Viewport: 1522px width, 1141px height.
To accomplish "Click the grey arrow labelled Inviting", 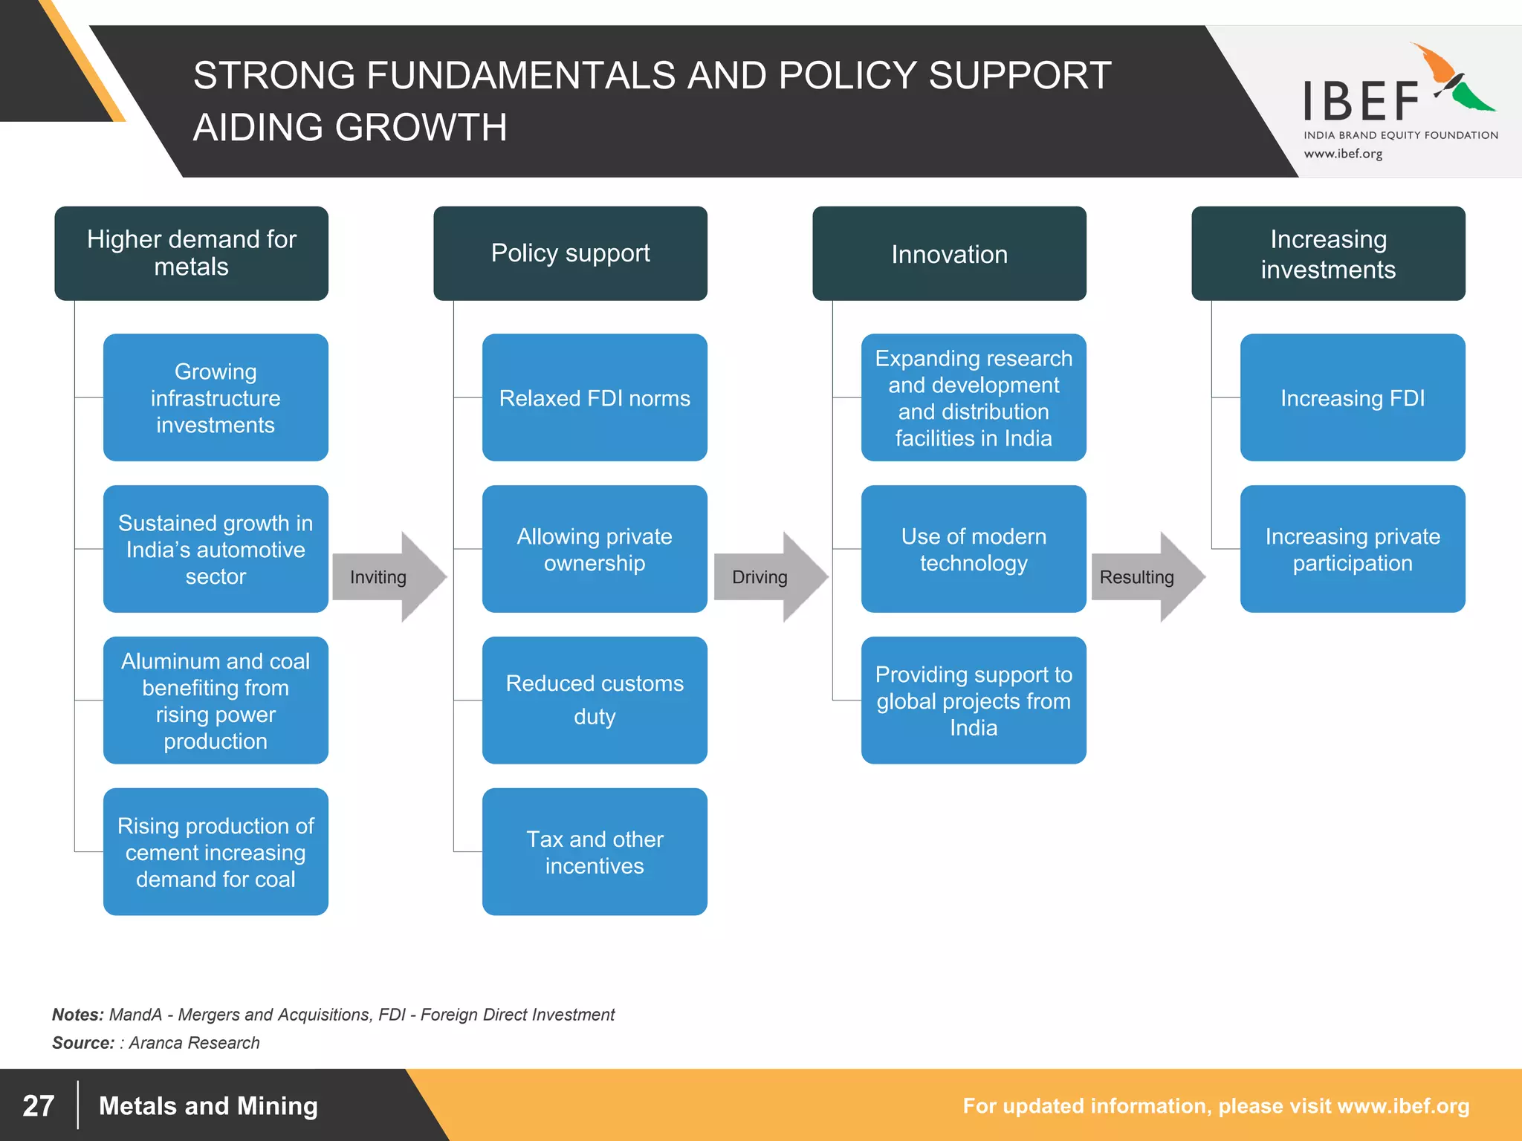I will tap(386, 577).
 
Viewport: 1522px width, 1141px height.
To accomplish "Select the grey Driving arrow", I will tap(768, 577).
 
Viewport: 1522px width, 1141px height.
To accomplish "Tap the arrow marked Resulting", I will tap(1144, 577).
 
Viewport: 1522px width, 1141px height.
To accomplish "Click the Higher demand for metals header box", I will tap(192, 253).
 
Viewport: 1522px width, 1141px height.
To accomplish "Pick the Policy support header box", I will tap(570, 253).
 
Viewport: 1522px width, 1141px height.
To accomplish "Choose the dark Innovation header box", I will tap(949, 253).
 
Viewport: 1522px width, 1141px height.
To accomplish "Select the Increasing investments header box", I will tap(1328, 253).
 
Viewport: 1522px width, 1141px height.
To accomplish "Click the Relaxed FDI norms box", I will tap(595, 397).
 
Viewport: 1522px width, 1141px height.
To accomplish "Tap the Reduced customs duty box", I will tap(595, 700).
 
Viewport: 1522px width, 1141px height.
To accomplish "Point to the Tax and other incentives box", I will tap(595, 851).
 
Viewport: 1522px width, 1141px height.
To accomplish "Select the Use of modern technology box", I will tap(974, 549).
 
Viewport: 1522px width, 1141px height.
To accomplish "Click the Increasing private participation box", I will tap(1353, 549).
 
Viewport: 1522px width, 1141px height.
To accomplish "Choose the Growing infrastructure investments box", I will tap(216, 397).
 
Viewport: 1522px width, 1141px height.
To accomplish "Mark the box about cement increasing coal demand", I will tap(216, 851).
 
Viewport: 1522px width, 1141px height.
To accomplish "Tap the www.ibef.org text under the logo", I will tap(1343, 154).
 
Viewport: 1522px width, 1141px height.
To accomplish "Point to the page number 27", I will tap(39, 1105).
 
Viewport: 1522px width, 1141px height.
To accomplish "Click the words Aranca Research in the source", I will tap(194, 1043).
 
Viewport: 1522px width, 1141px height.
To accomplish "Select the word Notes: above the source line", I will tap(77, 1015).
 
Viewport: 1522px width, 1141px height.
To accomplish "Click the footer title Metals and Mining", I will tap(208, 1105).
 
